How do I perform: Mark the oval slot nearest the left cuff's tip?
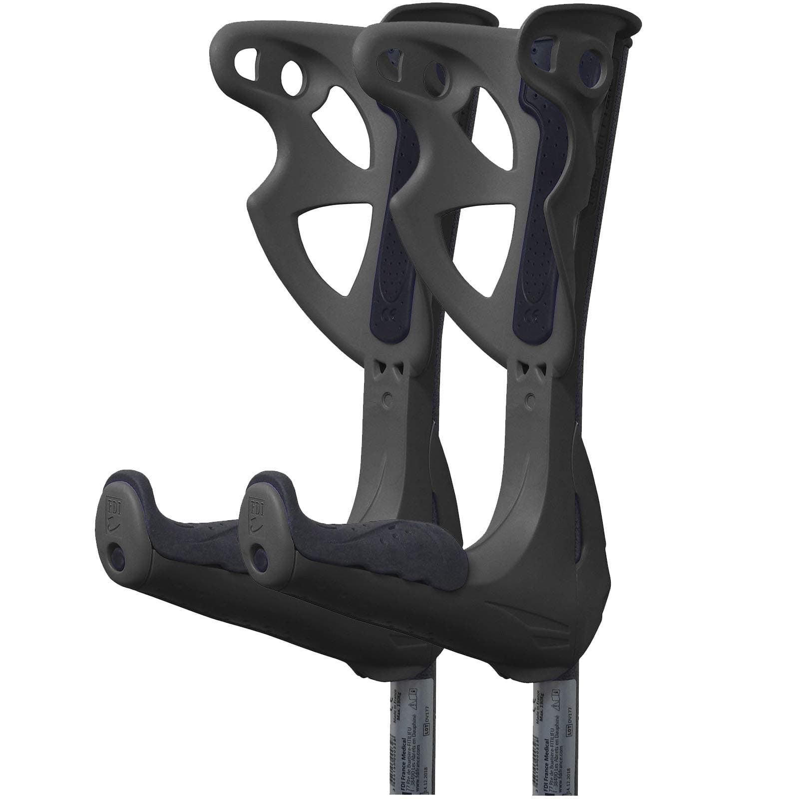(248, 61)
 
